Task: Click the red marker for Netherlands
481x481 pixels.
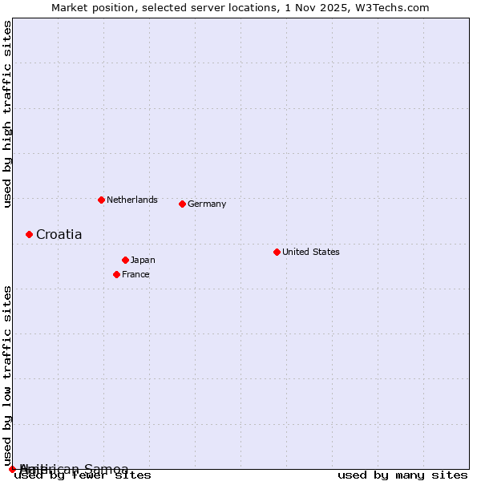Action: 101,200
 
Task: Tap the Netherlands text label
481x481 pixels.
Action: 132,200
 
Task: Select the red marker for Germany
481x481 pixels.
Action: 182,204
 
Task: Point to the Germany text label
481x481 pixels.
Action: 207,204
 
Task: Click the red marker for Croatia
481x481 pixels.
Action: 29,234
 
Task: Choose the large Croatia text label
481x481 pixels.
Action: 59,234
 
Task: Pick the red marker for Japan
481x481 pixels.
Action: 125,260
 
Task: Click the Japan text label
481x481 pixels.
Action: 143,260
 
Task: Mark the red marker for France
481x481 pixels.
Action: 116,274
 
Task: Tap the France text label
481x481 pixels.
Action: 135,274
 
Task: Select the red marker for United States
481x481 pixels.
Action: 277,252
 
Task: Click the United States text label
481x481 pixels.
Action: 311,252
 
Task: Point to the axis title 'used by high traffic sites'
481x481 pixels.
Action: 7,114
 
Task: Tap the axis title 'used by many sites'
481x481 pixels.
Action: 402,475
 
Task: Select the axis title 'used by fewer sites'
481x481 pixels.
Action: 83,475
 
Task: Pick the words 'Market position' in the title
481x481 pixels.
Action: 88,7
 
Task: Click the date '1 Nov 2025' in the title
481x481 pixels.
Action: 329,7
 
